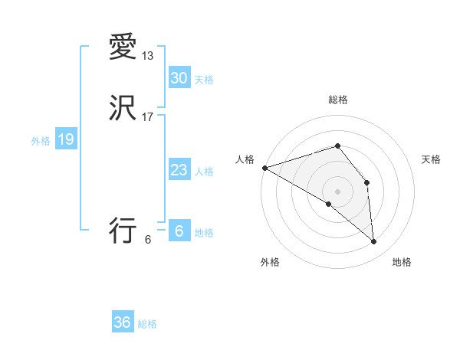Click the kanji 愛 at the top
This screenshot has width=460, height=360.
123,48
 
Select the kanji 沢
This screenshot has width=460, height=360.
123,108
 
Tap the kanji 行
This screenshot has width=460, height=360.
123,230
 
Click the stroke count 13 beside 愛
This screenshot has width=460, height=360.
148,56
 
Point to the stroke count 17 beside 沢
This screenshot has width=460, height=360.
148,116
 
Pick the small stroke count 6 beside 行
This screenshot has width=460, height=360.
147,239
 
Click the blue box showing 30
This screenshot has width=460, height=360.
179,77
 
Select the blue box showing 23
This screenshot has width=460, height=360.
179,170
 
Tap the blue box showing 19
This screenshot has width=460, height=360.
65,139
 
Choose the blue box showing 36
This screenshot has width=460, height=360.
123,322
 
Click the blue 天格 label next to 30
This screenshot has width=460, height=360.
204,80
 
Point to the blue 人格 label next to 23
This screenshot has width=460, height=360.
204,172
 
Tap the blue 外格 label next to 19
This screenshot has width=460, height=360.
41,141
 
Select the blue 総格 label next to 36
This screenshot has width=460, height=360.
147,324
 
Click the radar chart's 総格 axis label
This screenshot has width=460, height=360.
337,100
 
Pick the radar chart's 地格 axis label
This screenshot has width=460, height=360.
402,263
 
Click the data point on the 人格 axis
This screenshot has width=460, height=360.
264,168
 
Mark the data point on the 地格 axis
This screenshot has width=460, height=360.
374,242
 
